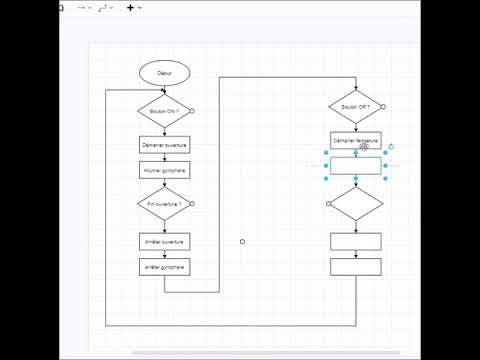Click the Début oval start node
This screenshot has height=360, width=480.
click(x=165, y=73)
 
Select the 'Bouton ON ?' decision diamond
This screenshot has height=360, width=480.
click(x=164, y=110)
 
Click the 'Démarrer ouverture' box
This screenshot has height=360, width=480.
click(x=164, y=145)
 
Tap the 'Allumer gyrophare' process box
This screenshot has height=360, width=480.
click(x=164, y=170)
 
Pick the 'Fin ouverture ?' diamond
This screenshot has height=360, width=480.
click(x=164, y=203)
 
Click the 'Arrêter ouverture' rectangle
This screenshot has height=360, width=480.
click(x=164, y=241)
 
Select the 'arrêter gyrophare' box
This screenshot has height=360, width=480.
click(x=164, y=267)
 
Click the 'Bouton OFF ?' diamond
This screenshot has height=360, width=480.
click(x=355, y=105)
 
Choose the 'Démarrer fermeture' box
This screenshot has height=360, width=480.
click(x=356, y=141)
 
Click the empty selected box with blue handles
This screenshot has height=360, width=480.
click(x=356, y=166)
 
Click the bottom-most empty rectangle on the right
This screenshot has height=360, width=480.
click(x=356, y=266)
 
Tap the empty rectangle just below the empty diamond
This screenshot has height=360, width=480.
click(x=356, y=241)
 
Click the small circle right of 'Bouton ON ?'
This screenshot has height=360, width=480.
click(x=192, y=110)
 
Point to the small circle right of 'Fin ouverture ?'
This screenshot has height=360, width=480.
click(x=192, y=203)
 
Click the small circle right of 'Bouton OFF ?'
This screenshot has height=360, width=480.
click(x=384, y=105)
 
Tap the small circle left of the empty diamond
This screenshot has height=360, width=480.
click(x=328, y=203)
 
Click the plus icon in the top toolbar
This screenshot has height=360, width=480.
click(x=130, y=7)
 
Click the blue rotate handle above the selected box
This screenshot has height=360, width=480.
click(x=391, y=146)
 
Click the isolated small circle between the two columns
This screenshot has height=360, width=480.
click(x=242, y=241)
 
